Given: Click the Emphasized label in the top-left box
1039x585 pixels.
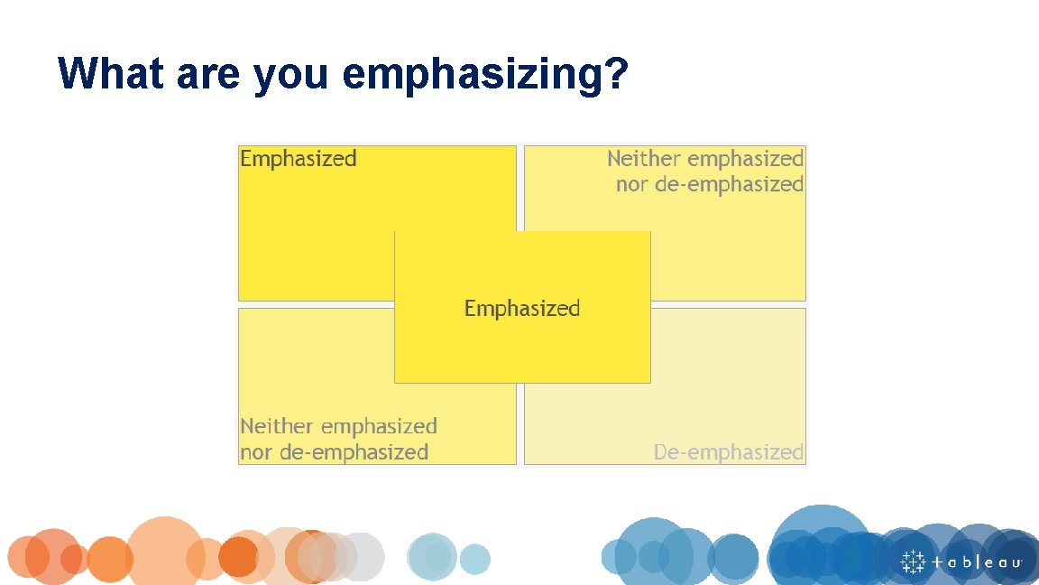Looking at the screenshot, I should pyautogui.click(x=299, y=159).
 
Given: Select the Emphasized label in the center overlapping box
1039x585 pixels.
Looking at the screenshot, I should pyautogui.click(x=522, y=309).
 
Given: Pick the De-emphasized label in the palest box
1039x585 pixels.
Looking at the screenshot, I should pyautogui.click(x=729, y=451).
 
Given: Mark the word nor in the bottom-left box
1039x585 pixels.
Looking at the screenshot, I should pyautogui.click(x=256, y=451).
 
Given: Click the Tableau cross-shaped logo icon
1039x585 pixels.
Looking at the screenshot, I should pyautogui.click(x=914, y=561).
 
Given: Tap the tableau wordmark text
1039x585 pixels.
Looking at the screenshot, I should pyautogui.click(x=978, y=562).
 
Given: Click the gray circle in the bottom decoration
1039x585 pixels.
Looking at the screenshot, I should pyautogui.click(x=360, y=556).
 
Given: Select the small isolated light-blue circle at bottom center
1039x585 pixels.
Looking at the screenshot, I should pyautogui.click(x=474, y=560).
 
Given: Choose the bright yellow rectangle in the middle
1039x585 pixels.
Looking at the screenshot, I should pyautogui.click(x=522, y=271).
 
